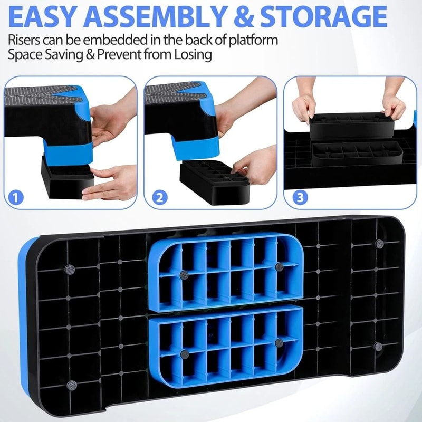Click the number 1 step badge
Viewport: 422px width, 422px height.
point(17,197)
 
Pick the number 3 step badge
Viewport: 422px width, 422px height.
point(300,197)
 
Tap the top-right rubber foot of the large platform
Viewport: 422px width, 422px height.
point(379,243)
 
